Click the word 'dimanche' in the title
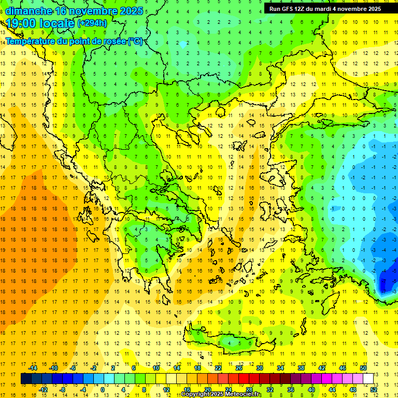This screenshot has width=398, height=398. click(x=29, y=11)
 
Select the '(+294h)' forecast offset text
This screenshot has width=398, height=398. click(x=92, y=23)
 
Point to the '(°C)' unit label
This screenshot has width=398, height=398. click(x=135, y=41)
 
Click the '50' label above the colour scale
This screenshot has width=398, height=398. click(x=363, y=368)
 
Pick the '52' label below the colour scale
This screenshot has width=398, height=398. click(x=374, y=390)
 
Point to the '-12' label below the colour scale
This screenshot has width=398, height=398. click(x=43, y=390)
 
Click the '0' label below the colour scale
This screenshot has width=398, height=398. click(x=103, y=390)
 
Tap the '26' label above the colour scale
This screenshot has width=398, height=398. click(x=239, y=368)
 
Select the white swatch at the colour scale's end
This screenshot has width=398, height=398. click(x=368, y=379)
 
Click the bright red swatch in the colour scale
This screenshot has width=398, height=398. click(x=244, y=379)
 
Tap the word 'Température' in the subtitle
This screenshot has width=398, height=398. click(x=31, y=41)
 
